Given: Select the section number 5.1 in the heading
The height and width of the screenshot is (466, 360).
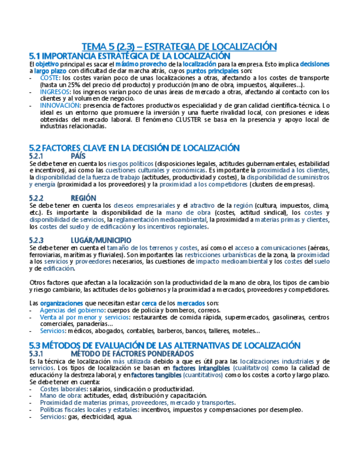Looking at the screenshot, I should pos(34,56).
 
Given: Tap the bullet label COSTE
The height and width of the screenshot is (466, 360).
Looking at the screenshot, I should pos(49,78).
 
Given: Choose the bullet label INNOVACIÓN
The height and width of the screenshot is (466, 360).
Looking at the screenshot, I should pos(59,105).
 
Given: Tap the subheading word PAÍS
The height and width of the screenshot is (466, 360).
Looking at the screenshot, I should pos(78,156).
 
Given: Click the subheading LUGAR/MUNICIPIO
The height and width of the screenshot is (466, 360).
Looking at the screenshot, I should pos(101,240).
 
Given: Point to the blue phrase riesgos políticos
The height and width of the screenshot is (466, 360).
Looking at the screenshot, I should pos(130,163).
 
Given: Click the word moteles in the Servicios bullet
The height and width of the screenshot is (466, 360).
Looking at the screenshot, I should pos(236,331).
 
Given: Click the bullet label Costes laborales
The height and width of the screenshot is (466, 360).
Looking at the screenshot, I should pos(60,389).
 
